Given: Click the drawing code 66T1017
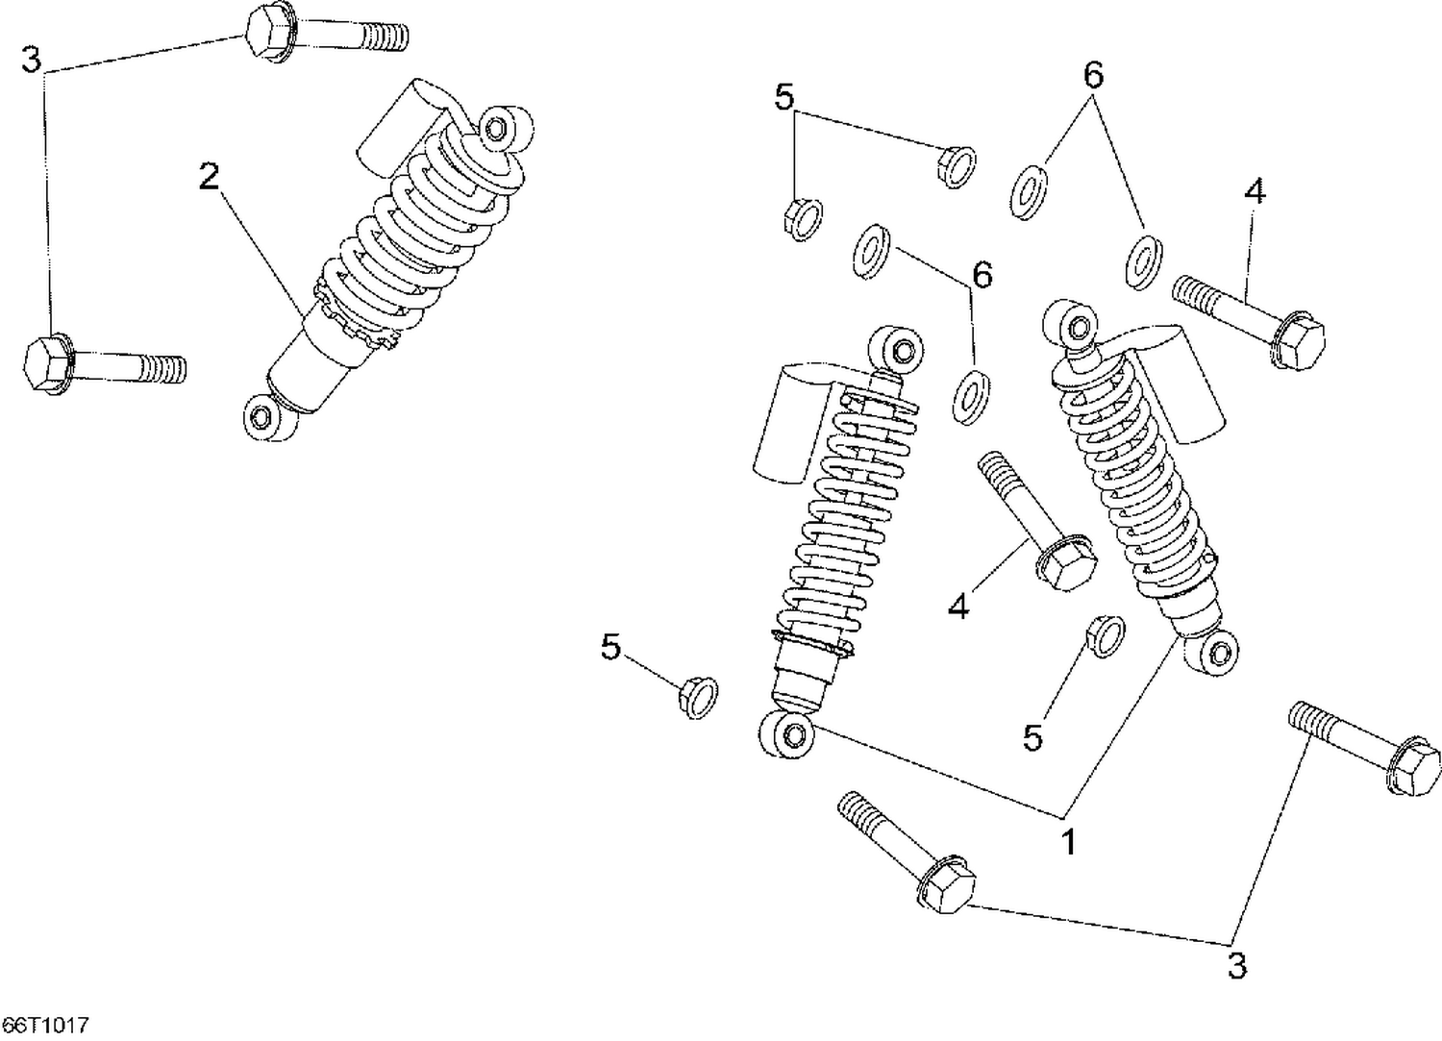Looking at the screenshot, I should (45, 1027).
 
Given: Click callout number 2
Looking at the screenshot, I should (209, 177).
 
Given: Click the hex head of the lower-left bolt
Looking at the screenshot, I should (45, 364).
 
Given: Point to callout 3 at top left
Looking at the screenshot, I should (32, 60).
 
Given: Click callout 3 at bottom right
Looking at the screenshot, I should (1237, 965).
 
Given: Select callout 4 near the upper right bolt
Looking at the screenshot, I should (1254, 191).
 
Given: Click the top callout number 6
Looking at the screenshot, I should (1093, 76).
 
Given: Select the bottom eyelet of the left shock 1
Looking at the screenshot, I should (791, 736).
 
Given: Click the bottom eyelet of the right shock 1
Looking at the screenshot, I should (1219, 655).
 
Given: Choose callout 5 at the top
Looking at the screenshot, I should (784, 97).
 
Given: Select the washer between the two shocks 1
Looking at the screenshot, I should (973, 394).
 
